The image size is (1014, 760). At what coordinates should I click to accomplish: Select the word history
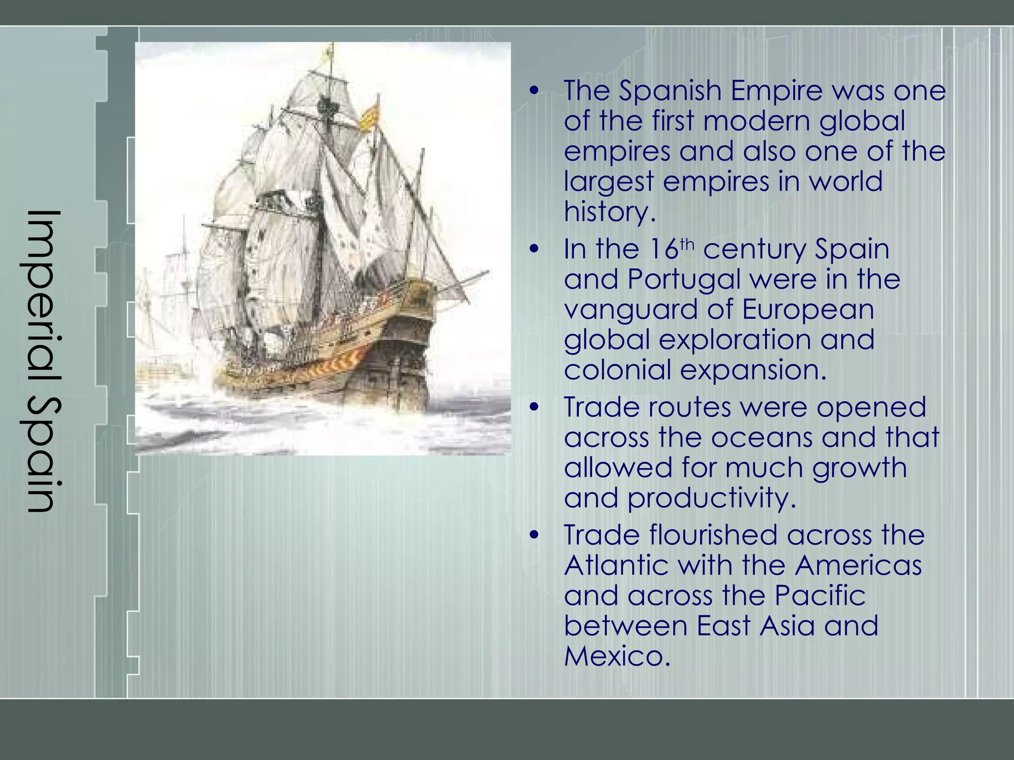[609, 212]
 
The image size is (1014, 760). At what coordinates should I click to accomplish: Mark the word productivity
[712, 499]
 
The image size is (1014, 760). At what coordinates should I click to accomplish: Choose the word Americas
[858, 566]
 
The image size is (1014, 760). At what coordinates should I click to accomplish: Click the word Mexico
[617, 657]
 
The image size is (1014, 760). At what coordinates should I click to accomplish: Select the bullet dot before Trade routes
[533, 408]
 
